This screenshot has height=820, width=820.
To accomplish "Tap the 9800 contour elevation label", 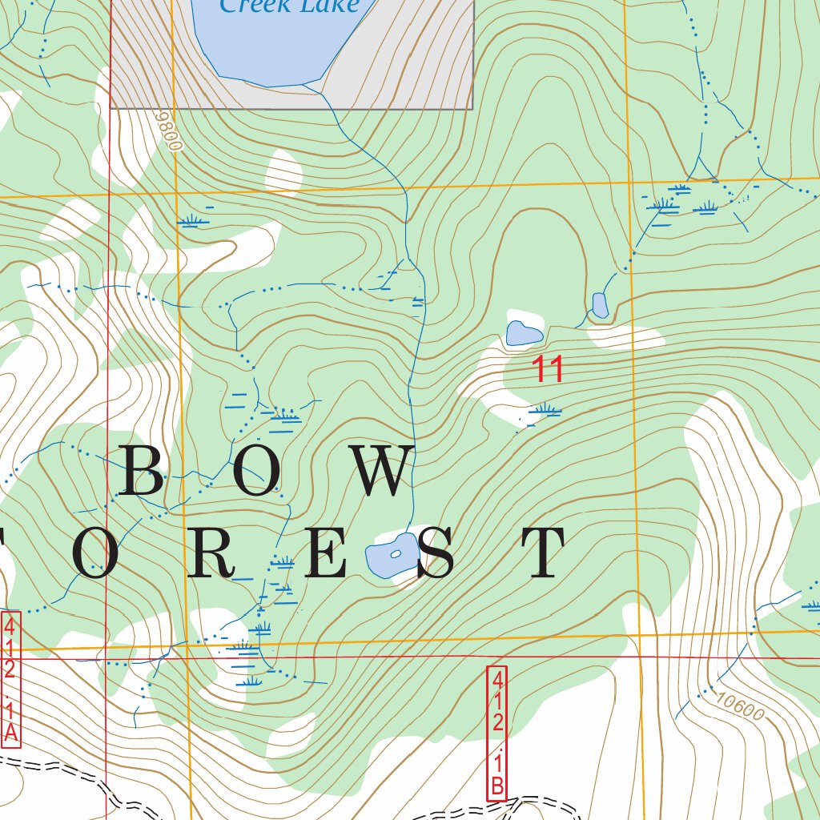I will [170, 131].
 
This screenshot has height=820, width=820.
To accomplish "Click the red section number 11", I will [549, 370].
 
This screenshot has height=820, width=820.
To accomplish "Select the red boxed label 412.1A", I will [10, 680].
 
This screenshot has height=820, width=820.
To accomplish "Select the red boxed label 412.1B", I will [497, 733].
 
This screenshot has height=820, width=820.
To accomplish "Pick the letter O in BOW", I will [258, 472].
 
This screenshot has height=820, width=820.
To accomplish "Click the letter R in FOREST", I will [211, 553].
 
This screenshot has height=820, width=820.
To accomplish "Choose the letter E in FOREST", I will [326, 553].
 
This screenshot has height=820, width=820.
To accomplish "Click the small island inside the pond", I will [395, 554].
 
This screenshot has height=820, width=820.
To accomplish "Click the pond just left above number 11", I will [524, 332].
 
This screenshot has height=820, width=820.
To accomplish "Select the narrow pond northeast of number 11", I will [600, 305].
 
